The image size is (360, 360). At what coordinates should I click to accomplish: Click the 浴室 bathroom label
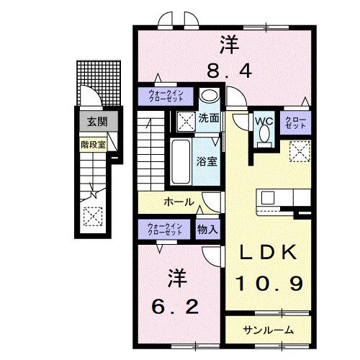[207, 160]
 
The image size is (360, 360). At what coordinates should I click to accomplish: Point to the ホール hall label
[178, 202]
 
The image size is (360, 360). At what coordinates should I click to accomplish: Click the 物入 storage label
[207, 229]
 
